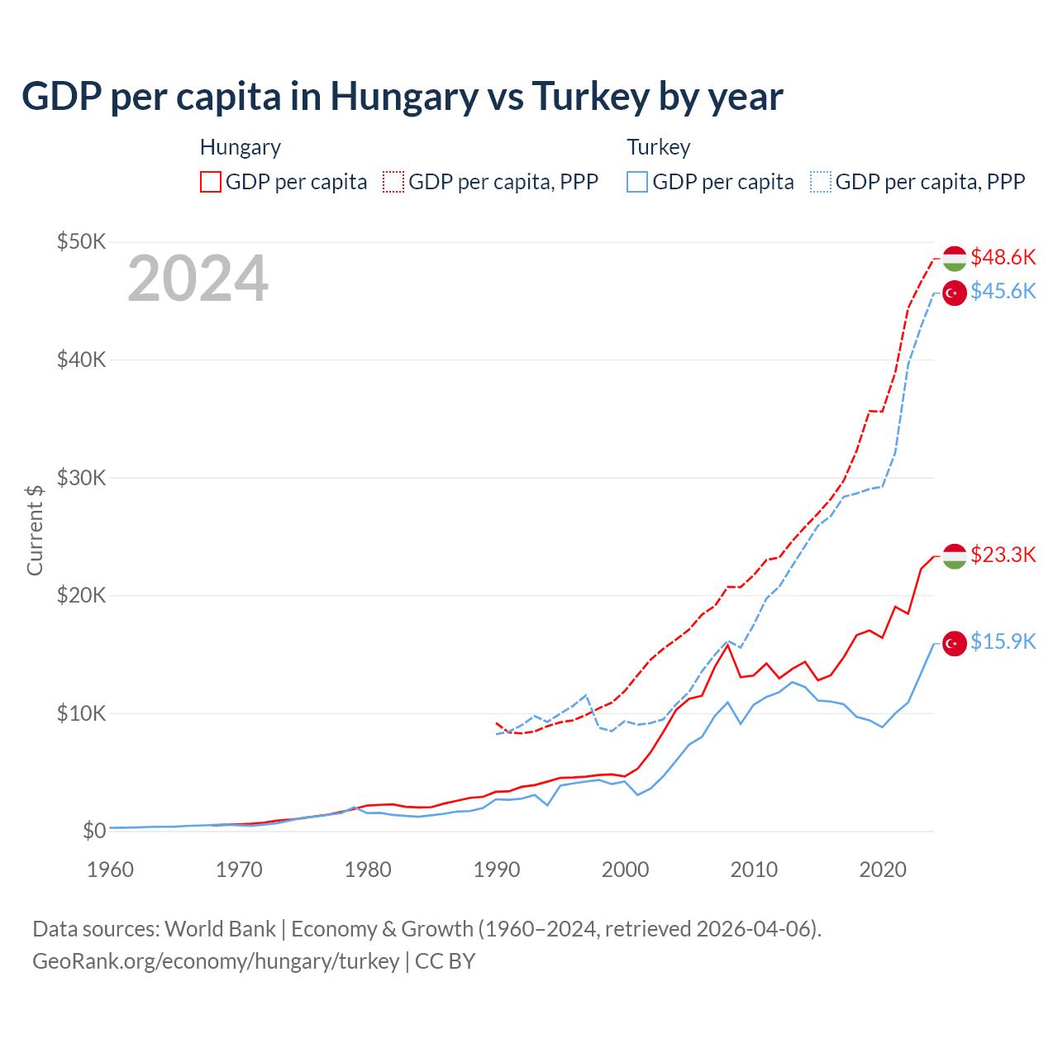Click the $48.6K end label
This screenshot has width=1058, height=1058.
pos(1003,258)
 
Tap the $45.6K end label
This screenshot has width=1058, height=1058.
pos(1003,292)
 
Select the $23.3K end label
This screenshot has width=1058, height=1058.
pos(1003,555)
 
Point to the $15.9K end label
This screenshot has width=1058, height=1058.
pos(1003,642)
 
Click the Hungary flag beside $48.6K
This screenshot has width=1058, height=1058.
pos(955,258)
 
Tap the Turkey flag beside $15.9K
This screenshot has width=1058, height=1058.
pos(955,643)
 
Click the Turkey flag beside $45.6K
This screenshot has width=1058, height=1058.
pos(955,293)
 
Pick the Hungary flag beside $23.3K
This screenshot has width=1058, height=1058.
pos(955,556)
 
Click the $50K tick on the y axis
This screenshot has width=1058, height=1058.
pos(81,242)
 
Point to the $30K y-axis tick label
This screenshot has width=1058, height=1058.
pos(81,478)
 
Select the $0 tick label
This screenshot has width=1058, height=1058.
pos(94,831)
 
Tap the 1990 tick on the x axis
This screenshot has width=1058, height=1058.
pos(497,870)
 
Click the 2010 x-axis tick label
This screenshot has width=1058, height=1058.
pos(754,870)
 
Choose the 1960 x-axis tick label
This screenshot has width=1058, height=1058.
pos(111,870)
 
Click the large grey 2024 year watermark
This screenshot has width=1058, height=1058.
pos(198,279)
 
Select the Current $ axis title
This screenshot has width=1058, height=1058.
pos(35,530)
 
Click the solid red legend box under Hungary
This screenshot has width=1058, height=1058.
pos(211,182)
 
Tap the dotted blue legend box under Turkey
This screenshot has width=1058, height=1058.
pos(821,182)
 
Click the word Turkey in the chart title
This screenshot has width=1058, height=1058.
pos(590,97)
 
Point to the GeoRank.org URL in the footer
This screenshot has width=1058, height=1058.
pos(216,961)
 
